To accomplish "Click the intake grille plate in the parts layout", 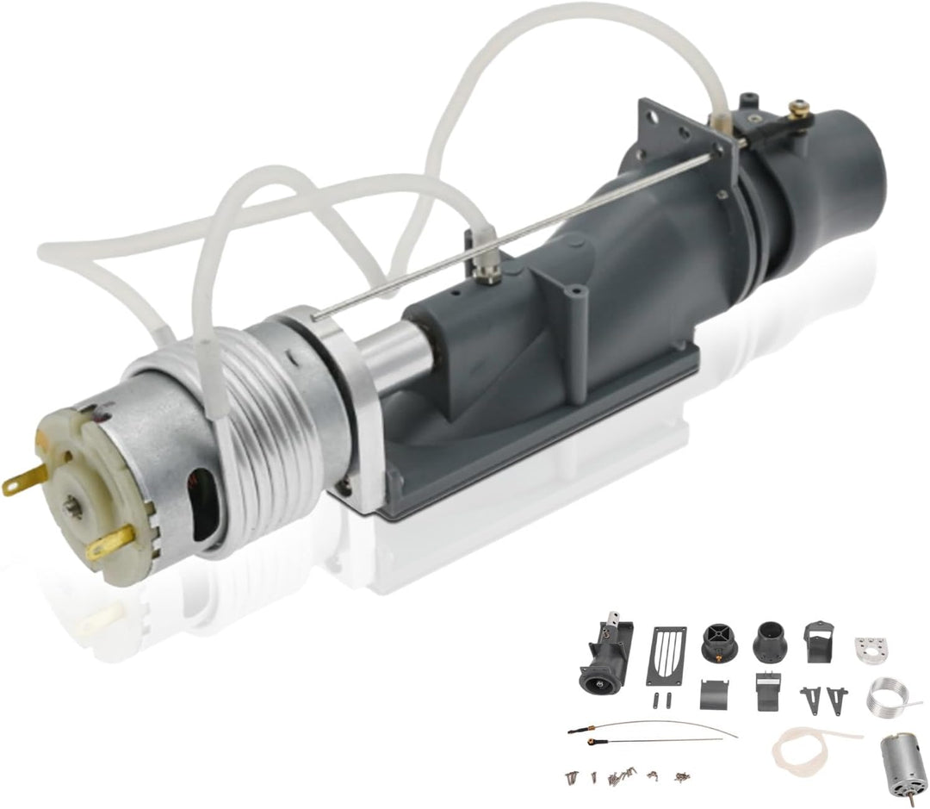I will coord(667,655).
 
